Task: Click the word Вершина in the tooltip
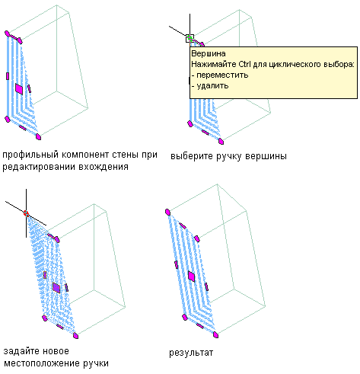(x=209, y=54)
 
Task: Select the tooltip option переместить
(x=222, y=75)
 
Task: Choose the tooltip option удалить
(x=212, y=86)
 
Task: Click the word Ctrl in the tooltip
(x=244, y=64)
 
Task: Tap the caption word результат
(x=191, y=353)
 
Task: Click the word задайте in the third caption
(x=21, y=351)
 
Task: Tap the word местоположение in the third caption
(x=42, y=363)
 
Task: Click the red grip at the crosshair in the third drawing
(x=26, y=213)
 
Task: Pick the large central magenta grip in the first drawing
(x=19, y=89)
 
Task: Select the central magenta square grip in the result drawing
(x=192, y=277)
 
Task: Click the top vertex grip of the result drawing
(x=167, y=212)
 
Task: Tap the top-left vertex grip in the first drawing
(x=7, y=34)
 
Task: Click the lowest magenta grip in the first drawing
(x=38, y=137)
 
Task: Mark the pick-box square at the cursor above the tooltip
(x=190, y=39)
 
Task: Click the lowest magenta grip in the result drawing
(x=216, y=335)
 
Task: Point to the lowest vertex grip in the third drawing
(x=75, y=336)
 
